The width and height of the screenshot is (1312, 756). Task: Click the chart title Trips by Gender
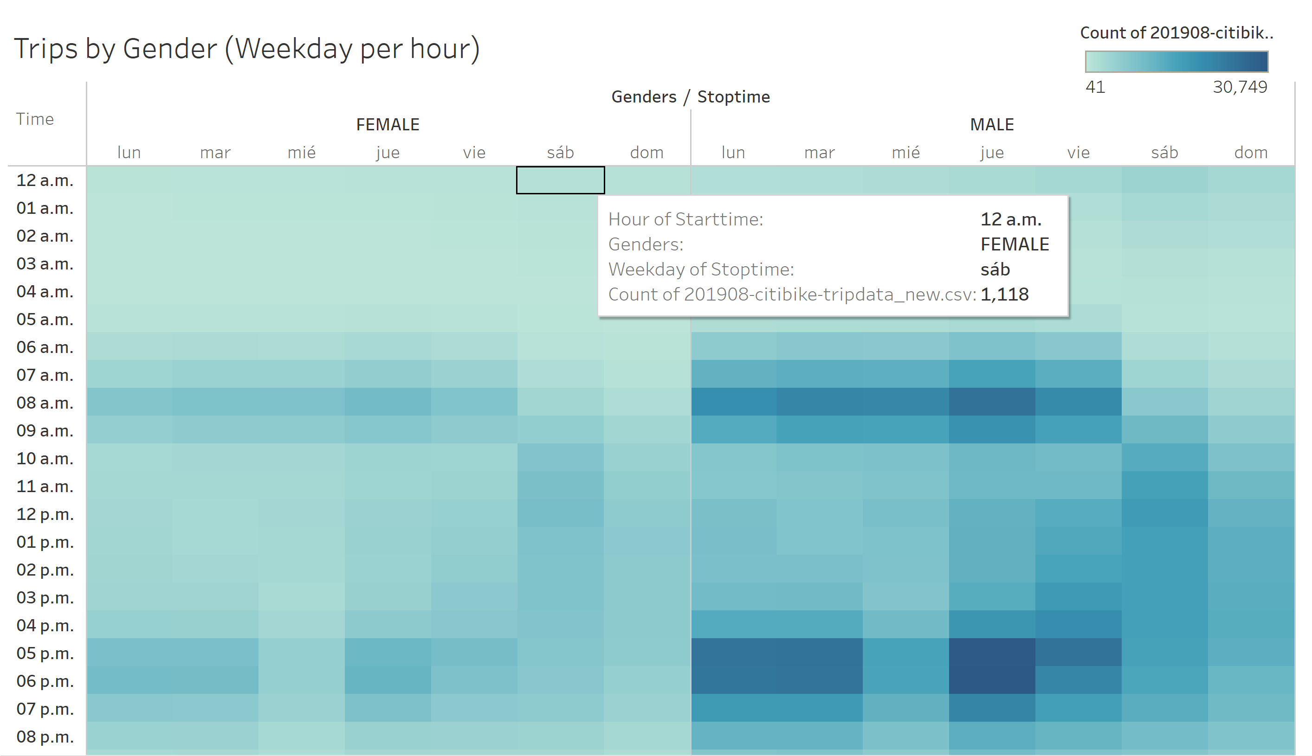pyautogui.click(x=247, y=49)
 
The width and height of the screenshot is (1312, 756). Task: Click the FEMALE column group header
pyautogui.click(x=388, y=125)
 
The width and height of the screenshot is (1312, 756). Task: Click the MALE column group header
pyautogui.click(x=991, y=125)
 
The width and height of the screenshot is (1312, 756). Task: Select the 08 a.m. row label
pyautogui.click(x=45, y=403)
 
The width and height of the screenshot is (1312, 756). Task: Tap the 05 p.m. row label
pyautogui.click(x=45, y=653)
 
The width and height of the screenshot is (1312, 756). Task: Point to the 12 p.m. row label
pyautogui.click(x=45, y=514)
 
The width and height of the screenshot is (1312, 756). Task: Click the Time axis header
pyautogui.click(x=35, y=119)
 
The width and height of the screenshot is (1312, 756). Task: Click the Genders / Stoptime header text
pyautogui.click(x=690, y=96)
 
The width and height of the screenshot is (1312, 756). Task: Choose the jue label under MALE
pyautogui.click(x=991, y=153)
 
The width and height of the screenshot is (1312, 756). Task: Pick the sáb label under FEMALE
pyautogui.click(x=560, y=153)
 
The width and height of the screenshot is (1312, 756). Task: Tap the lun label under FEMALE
pyautogui.click(x=129, y=153)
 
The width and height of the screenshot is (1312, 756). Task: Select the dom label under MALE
pyautogui.click(x=1251, y=153)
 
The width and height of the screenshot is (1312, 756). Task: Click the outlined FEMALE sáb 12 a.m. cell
pyautogui.click(x=560, y=180)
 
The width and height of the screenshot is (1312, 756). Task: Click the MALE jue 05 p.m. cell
pyautogui.click(x=991, y=652)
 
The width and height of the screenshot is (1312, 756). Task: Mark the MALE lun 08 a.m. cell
pyautogui.click(x=733, y=402)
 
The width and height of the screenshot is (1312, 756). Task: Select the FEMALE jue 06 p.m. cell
pyautogui.click(x=388, y=680)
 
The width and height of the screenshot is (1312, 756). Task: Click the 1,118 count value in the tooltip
pyautogui.click(x=1004, y=295)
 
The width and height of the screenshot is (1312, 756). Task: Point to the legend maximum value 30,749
pyautogui.click(x=1240, y=87)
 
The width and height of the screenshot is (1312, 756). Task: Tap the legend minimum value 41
pyautogui.click(x=1095, y=87)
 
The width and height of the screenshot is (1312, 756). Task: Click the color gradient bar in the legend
pyautogui.click(x=1176, y=61)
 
